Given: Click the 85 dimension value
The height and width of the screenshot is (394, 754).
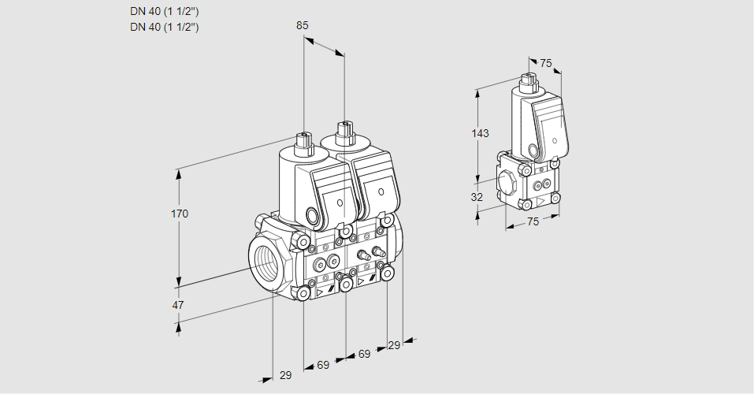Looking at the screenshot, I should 303,25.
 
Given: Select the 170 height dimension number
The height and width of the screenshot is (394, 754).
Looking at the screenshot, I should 180,214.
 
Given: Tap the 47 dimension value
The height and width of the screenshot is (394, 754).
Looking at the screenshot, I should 178,305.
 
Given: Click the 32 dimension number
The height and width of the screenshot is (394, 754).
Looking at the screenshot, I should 477,197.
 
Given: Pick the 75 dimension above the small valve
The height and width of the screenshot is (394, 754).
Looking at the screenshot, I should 546,63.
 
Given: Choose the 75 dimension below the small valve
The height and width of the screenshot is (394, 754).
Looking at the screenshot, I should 533,221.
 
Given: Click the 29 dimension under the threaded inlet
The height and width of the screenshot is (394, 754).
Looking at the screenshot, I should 285,375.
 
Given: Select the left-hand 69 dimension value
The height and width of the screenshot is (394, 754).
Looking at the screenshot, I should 323,365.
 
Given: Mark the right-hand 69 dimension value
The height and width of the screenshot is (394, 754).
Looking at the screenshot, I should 364,354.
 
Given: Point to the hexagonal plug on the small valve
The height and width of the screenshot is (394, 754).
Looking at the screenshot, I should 507,180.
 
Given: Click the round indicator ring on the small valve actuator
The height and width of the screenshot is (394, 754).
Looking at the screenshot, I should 533,151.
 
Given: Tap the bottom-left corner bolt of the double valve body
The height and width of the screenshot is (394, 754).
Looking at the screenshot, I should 303,293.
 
